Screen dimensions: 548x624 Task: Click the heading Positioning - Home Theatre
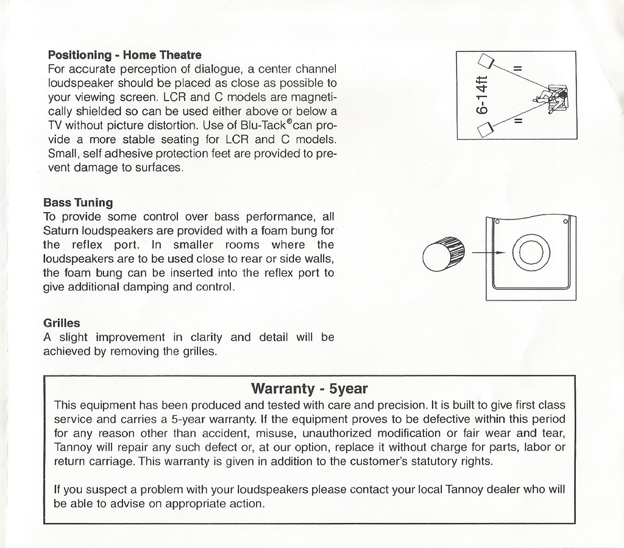[124, 55]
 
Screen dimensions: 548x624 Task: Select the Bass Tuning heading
[78, 202]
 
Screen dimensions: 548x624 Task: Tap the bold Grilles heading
[62, 322]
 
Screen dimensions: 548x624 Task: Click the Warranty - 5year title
[309, 388]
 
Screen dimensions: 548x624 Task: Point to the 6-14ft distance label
[482, 95]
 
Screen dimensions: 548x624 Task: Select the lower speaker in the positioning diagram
[485, 129]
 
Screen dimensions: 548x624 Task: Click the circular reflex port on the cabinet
[531, 252]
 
